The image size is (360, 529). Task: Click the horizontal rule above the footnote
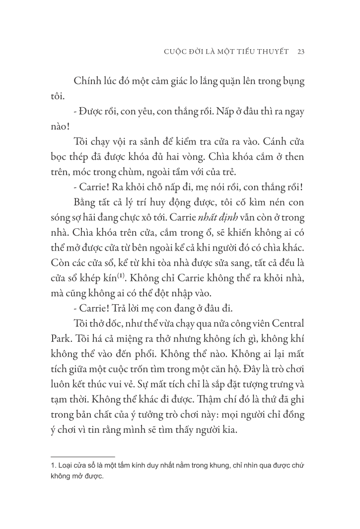(83, 456)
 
